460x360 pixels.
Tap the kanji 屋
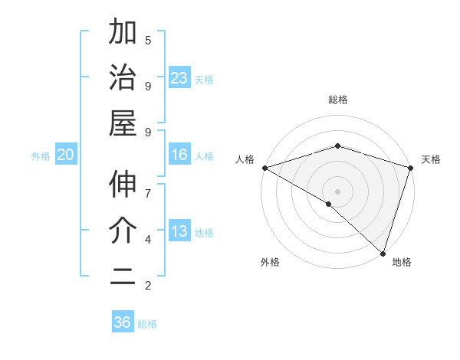click(123, 123)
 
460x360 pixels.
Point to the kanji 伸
click(123, 185)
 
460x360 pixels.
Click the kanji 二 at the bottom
click(123, 277)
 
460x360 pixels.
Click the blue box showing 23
click(179, 78)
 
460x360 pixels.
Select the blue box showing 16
click(179, 155)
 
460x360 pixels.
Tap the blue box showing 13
click(179, 231)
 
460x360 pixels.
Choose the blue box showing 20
click(65, 155)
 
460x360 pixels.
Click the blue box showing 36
click(122, 322)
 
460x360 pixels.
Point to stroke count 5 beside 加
click(148, 39)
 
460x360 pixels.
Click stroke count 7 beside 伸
click(148, 192)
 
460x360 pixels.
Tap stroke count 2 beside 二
click(148, 286)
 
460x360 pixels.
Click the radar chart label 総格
click(337, 100)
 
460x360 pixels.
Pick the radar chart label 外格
click(270, 263)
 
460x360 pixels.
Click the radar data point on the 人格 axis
click(264, 168)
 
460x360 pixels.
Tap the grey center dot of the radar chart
click(337, 191)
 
